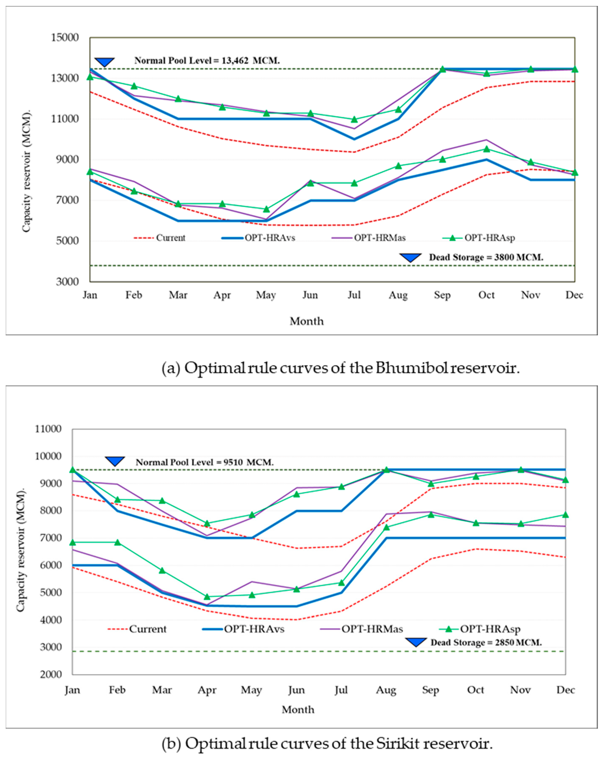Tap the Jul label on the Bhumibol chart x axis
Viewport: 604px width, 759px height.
354,295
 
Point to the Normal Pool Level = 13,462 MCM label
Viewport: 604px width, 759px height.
207,61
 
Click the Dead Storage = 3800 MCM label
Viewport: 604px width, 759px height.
486,257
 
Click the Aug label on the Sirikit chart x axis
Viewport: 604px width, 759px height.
386,690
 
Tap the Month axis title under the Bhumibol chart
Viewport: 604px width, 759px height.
306,321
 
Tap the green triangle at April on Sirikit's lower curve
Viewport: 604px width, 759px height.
207,597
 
